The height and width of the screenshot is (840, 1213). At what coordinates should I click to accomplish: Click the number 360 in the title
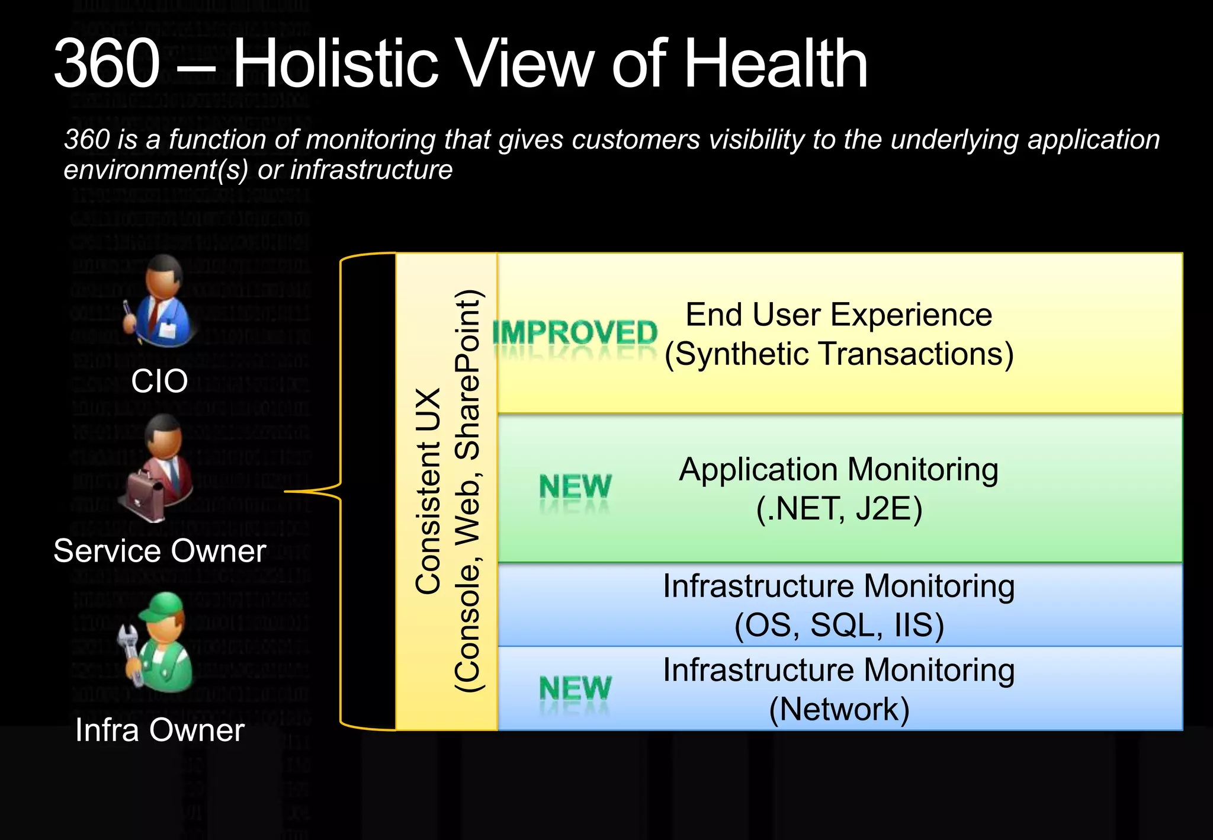pos(107,63)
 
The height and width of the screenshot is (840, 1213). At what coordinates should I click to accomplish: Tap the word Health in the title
pos(776,63)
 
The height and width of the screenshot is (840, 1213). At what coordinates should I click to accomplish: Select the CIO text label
pos(159,381)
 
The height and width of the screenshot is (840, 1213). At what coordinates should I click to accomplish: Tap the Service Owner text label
pos(159,551)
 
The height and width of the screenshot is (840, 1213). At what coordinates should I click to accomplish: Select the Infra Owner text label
pos(159,730)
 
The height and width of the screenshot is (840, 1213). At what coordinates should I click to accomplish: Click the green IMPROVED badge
pos(575,333)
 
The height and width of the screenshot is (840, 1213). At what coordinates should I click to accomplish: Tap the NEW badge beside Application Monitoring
pos(575,487)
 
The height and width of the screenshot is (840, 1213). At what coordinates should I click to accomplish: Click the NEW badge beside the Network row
pos(575,688)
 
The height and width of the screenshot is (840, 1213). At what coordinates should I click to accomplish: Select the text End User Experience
pos(838,315)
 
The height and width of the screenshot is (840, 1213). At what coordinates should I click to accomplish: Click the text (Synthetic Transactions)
pos(838,354)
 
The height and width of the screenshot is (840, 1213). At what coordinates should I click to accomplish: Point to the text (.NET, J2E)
pos(838,509)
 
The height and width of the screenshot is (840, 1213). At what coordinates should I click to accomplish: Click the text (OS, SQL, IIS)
pos(838,626)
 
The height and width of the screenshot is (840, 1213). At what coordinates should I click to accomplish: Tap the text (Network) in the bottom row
pos(838,709)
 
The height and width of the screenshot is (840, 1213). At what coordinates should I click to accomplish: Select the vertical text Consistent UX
pos(428,492)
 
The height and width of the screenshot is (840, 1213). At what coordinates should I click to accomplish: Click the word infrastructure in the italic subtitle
pos(371,170)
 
